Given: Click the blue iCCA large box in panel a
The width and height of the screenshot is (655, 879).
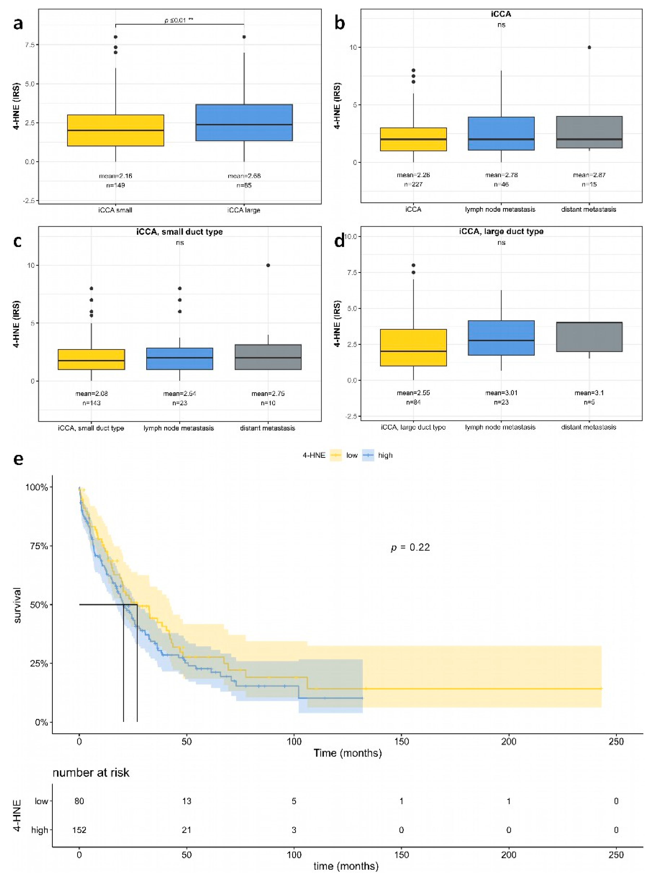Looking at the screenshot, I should [244, 122].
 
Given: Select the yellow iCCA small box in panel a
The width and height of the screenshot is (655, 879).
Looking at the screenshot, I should [115, 130].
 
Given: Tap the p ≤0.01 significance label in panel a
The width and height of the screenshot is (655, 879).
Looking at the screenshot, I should [179, 20].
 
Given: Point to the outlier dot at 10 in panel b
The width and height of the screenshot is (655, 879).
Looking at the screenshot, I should [589, 47].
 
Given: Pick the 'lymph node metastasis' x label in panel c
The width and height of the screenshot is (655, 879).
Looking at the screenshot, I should [178, 428].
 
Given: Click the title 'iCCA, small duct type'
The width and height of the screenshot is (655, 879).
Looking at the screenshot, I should [180, 232].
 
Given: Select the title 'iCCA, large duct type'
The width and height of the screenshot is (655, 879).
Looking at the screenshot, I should [501, 231].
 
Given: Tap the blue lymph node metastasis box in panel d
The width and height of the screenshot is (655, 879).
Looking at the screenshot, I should [501, 338].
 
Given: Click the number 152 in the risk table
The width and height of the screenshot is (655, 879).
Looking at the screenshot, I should [79, 830].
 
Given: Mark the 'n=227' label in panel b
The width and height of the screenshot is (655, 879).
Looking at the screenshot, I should [413, 185].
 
